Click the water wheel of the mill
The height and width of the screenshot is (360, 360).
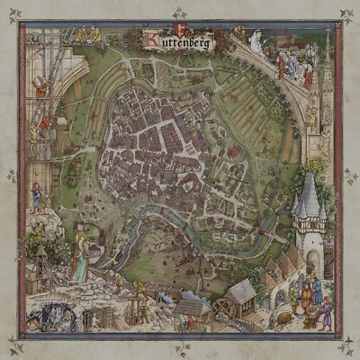pos(220,309)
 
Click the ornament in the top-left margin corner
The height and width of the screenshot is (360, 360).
pos(13,13)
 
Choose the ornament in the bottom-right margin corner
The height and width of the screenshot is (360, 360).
pos(346,346)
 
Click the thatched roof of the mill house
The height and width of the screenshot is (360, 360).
pos(241,290)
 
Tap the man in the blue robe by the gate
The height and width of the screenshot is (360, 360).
pos(301,292)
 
